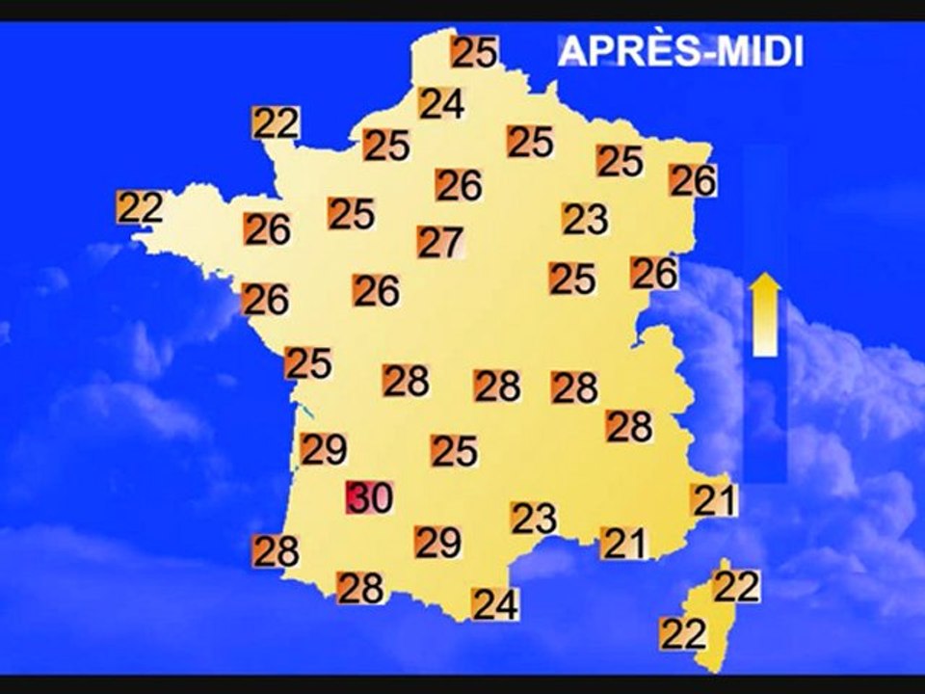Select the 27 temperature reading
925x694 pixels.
[440, 241]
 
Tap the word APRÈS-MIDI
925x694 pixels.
[680, 51]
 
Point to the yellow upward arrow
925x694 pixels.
[765, 314]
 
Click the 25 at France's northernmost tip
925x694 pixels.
[474, 52]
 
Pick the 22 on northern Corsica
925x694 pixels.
[736, 585]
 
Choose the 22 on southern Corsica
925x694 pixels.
[684, 633]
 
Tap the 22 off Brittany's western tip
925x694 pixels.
[140, 207]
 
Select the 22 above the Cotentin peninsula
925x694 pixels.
[277, 122]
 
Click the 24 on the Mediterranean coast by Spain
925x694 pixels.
[495, 604]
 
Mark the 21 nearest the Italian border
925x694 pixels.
[714, 499]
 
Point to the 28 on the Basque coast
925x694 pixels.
[276, 551]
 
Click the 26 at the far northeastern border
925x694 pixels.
[693, 180]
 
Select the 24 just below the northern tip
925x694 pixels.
[441, 103]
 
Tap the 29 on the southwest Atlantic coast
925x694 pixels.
[324, 449]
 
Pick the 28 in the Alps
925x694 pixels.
[629, 426]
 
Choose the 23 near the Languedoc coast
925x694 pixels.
[534, 519]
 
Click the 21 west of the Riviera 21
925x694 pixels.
[623, 544]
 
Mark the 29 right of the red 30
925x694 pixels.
[437, 543]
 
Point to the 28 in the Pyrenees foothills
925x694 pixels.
[361, 587]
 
